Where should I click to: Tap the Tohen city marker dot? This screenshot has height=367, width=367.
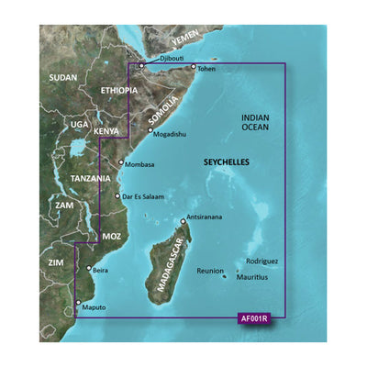[193, 67]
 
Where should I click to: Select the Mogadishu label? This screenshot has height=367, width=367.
[173, 132]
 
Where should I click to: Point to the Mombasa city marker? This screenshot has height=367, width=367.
[120, 163]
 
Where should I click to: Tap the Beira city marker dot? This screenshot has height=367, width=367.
[88, 269]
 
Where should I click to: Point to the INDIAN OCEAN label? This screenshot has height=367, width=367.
[260, 125]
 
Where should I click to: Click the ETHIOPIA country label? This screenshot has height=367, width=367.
[116, 90]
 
